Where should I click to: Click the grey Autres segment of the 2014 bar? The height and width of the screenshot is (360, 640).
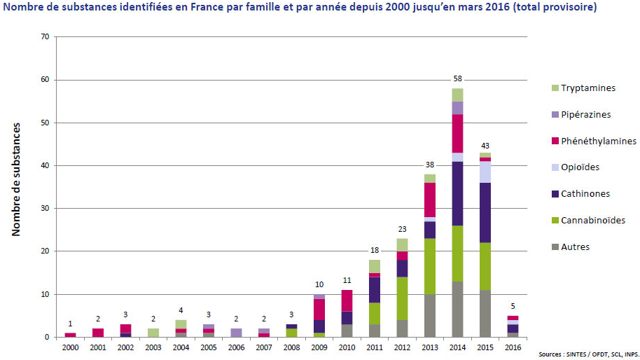tap(457, 309)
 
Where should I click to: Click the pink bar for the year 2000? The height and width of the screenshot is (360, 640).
tap(70, 335)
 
